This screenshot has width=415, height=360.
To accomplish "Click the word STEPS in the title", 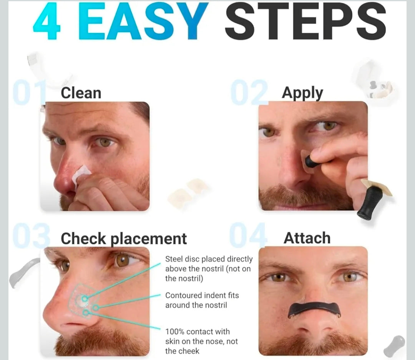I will (x=305, y=22).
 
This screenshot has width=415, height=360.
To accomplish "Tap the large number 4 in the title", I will (x=47, y=22).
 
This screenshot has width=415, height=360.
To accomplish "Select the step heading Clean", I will (x=81, y=93).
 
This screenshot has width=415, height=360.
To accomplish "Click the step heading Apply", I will (x=302, y=93).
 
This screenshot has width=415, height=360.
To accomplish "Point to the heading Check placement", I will (x=124, y=238).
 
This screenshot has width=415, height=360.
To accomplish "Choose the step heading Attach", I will (x=307, y=238).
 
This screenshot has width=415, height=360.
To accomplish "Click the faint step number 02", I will (x=249, y=93).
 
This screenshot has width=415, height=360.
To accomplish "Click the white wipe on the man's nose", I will (x=81, y=173).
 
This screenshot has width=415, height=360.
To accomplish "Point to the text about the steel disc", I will (x=209, y=268).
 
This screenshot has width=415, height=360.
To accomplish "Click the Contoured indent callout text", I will (x=202, y=300).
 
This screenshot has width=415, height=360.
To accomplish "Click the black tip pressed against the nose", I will (x=312, y=162).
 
